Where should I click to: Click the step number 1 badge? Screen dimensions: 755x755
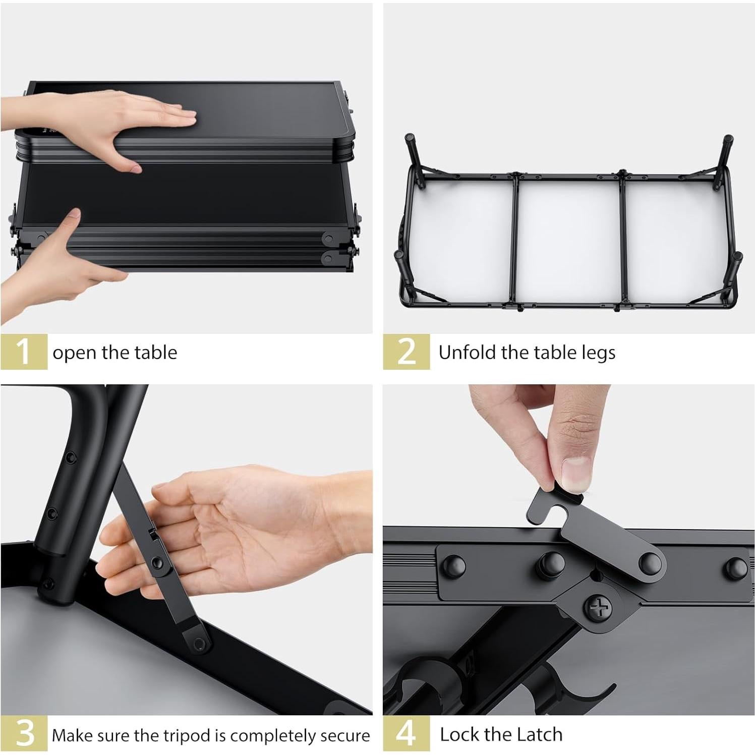click(x=23, y=352)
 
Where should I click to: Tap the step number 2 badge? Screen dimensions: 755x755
click(x=406, y=352)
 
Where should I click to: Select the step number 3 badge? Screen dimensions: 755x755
click(x=23, y=734)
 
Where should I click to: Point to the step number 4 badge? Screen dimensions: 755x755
click(x=406, y=734)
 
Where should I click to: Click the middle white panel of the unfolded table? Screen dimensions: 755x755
click(x=568, y=241)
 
